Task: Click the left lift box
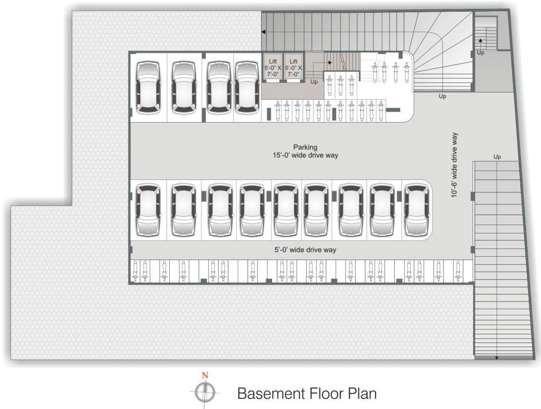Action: [x=273, y=67]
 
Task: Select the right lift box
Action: [x=293, y=67]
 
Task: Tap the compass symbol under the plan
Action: [x=205, y=392]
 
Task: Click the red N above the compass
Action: [x=205, y=375]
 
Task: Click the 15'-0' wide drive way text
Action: [x=306, y=155]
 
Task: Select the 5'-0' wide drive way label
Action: [x=306, y=250]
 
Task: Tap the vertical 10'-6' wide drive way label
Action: [x=454, y=165]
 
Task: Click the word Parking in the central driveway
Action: [x=306, y=147]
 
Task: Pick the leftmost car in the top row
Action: [x=148, y=87]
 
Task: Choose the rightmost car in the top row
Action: [x=247, y=87]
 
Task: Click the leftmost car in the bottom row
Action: [x=148, y=210]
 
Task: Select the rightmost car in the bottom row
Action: [x=417, y=210]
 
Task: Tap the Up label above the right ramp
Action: [x=497, y=157]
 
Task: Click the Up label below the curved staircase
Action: [x=442, y=96]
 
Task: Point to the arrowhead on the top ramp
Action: [x=263, y=32]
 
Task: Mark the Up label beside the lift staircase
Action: [x=314, y=82]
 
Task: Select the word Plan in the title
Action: [x=362, y=393]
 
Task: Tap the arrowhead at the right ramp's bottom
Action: [x=497, y=358]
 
